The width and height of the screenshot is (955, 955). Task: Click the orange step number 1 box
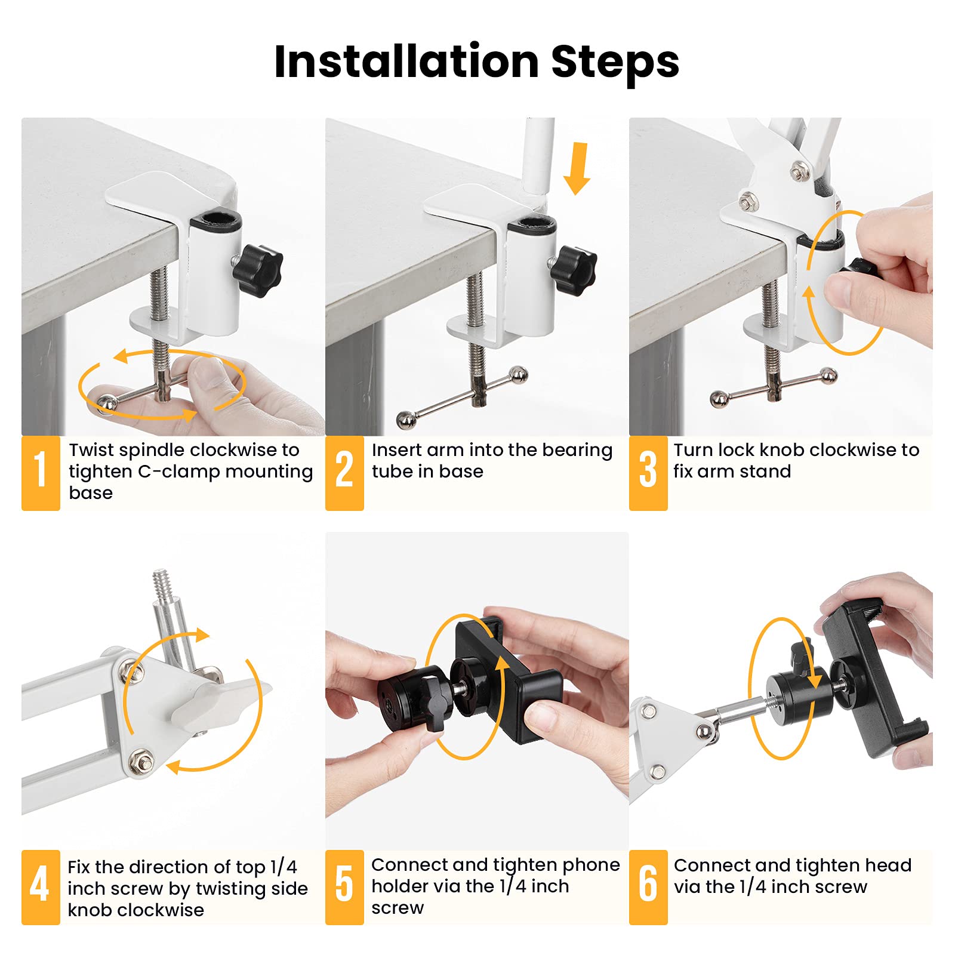click(41, 473)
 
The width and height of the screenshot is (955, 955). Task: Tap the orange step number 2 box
click(344, 473)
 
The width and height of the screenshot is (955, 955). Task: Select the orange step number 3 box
click(648, 473)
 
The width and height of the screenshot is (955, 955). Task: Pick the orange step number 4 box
click(41, 887)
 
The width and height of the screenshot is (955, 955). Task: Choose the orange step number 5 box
click(344, 887)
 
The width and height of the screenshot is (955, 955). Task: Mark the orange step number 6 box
click(648, 887)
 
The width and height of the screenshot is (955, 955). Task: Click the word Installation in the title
click(406, 61)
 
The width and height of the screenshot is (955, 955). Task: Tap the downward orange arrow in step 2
click(577, 168)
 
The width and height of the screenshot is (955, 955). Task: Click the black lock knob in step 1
click(258, 267)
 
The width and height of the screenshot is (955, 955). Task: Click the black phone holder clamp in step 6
click(874, 686)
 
